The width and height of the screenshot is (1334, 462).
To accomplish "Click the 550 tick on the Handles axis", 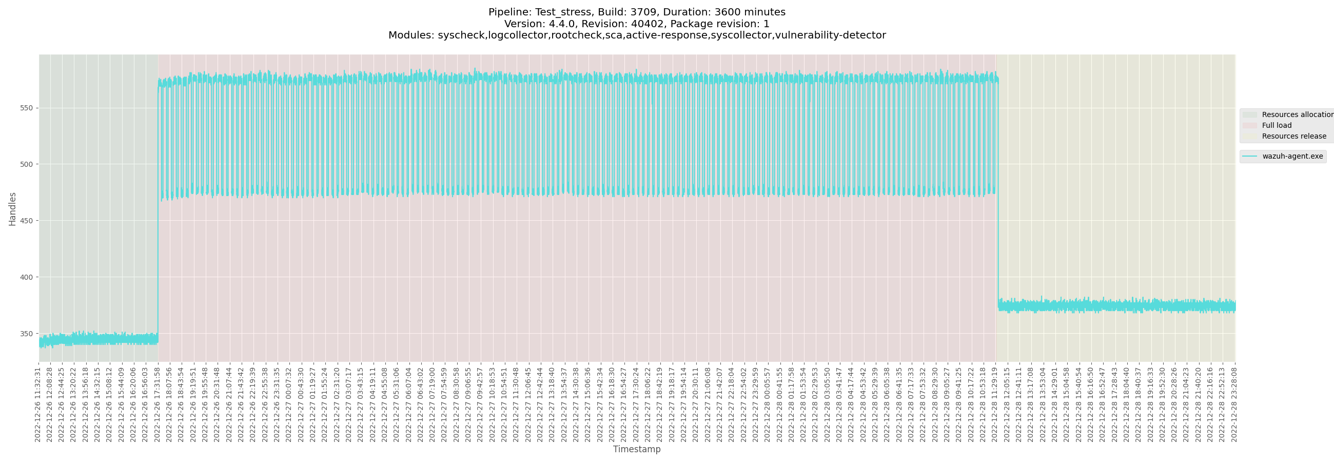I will pyautogui.click(x=26, y=108).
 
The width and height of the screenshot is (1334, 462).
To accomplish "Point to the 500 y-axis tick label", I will pyautogui.click(x=26, y=165).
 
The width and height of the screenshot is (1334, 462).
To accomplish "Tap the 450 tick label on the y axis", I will pyautogui.click(x=26, y=221).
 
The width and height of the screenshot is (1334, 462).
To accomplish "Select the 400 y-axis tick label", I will pyautogui.click(x=26, y=278).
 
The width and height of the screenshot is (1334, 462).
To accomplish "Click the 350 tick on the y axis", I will pyautogui.click(x=26, y=334).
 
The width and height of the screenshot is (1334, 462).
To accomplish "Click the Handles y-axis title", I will pyautogui.click(x=12, y=209).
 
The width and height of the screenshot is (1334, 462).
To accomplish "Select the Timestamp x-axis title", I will pyautogui.click(x=636, y=449).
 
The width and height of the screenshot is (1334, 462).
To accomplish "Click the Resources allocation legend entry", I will pyautogui.click(x=1297, y=114).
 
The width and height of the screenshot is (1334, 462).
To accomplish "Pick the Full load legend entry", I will pyautogui.click(x=1277, y=125).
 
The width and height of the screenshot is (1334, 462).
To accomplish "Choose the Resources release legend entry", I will pyautogui.click(x=1293, y=136).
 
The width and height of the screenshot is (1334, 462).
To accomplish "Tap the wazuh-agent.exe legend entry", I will pyautogui.click(x=1292, y=157).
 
